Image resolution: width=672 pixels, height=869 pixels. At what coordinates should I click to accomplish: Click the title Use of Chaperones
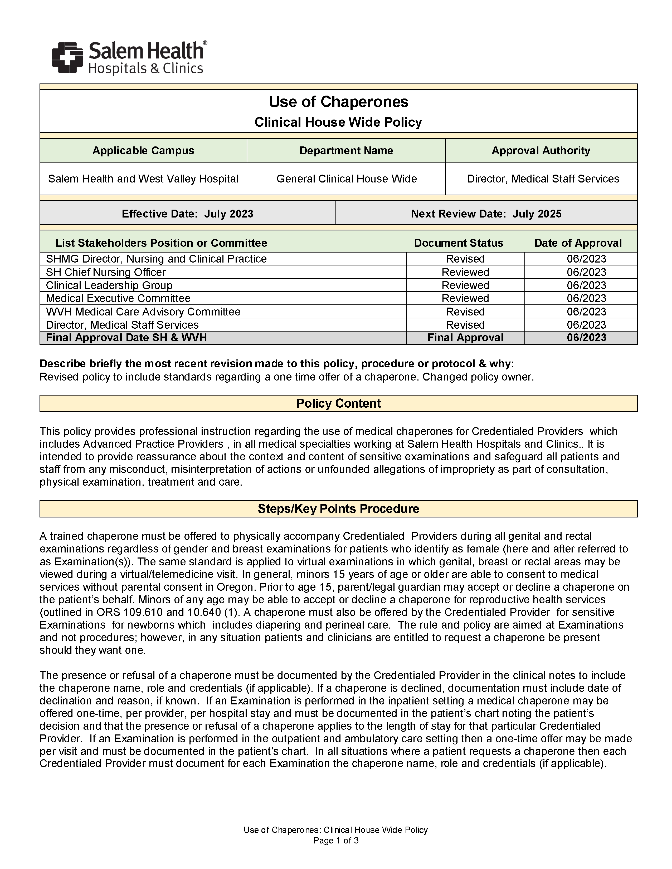point(338,102)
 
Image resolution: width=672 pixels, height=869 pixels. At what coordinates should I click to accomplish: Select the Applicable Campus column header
point(143,151)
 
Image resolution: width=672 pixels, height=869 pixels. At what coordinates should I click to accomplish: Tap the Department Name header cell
point(346,151)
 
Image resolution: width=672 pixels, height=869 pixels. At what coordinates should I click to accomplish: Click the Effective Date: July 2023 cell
point(188,214)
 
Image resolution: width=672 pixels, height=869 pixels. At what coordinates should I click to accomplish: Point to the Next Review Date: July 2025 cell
point(486,214)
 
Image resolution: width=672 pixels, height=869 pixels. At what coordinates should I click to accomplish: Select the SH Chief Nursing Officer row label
point(106,272)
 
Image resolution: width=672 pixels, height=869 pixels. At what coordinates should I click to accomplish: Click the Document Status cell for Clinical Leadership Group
point(465,285)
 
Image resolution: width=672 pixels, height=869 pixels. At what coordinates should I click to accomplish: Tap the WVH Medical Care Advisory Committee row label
point(143,312)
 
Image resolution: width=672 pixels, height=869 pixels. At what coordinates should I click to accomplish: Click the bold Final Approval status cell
point(465,338)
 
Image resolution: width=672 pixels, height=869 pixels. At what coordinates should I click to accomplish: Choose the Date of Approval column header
point(578,243)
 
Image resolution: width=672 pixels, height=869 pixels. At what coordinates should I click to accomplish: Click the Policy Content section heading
point(338,403)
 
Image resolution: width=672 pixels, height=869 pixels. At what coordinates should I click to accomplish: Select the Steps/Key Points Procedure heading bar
point(338,509)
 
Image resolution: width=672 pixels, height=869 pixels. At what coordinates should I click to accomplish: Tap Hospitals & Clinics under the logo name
point(146,69)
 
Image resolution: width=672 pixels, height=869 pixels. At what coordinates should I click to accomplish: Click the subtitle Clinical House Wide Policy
point(338,122)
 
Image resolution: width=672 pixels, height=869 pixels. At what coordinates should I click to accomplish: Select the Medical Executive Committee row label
point(118,298)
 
